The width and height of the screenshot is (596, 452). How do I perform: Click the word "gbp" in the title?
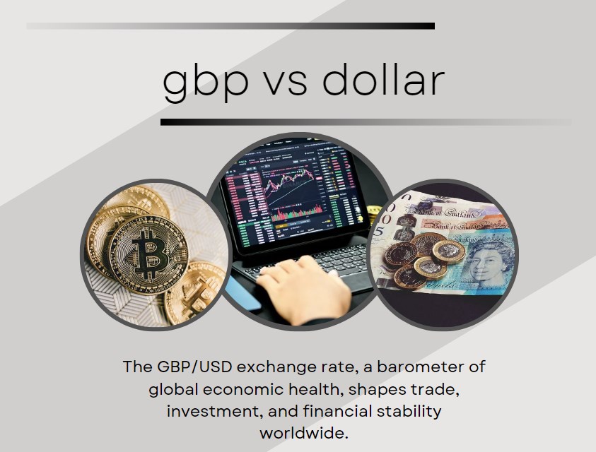click(x=205, y=82)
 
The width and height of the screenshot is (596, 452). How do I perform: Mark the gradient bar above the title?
click(x=230, y=26)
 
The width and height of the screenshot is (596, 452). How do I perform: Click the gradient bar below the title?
click(x=366, y=122)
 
